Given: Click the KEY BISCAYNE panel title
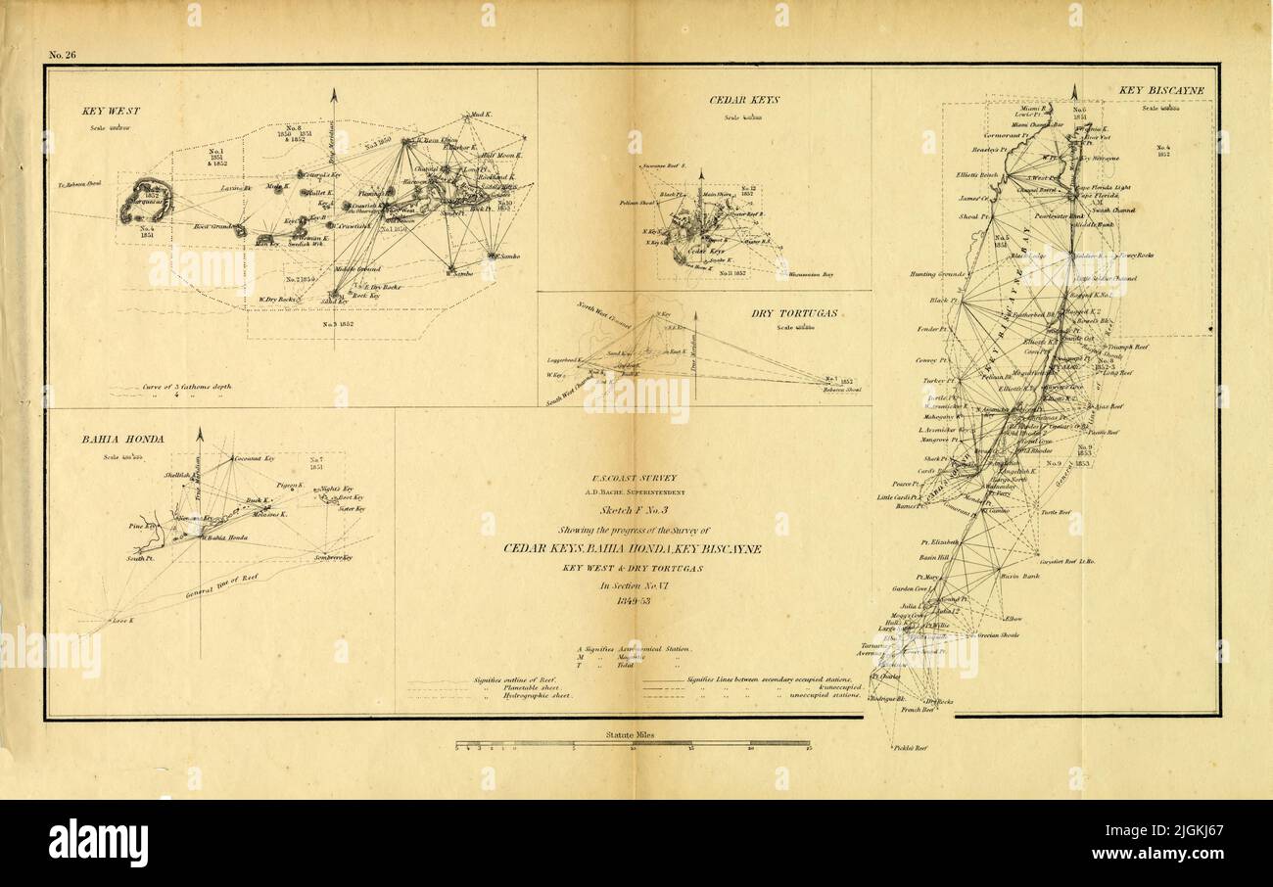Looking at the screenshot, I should click(1161, 91).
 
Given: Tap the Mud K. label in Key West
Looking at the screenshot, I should click(481, 116).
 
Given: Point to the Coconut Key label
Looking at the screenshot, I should click(254, 458).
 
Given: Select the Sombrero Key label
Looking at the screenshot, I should click(333, 557).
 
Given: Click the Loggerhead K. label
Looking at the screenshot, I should click(565, 361).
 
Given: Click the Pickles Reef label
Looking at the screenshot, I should click(909, 747).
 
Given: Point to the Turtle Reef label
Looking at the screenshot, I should click(1056, 512).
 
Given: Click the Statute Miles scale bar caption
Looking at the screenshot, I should click(633, 733).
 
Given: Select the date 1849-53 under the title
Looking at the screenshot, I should click(632, 600).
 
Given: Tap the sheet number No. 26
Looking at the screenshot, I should click(63, 55).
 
